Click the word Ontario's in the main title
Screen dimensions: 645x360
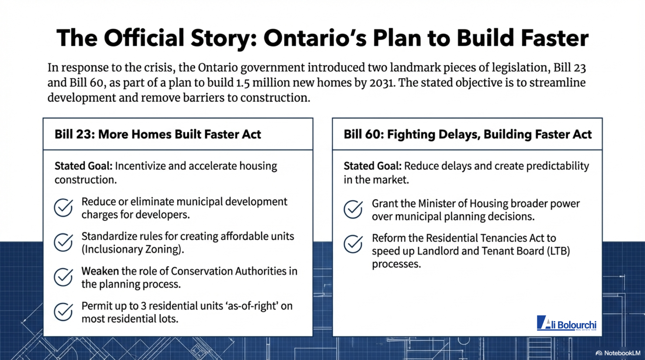coord(315,38)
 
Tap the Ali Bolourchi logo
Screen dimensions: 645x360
coord(567,323)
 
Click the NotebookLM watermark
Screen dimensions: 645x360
coord(618,353)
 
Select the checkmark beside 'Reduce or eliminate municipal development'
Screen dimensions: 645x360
coord(63,207)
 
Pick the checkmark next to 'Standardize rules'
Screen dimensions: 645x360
coord(63,242)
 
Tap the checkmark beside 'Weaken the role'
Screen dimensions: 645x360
coord(63,277)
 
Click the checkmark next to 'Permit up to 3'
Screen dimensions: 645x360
coord(63,312)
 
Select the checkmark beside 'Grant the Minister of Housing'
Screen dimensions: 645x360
coord(353,209)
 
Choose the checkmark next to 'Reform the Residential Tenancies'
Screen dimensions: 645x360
coord(353,244)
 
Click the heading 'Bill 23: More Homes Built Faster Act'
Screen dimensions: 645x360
coord(158,134)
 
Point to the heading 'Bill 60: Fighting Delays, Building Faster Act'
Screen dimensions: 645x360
coord(467,134)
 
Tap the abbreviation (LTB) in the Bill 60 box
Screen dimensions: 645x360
coord(558,251)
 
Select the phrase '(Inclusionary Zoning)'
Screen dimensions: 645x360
coord(133,249)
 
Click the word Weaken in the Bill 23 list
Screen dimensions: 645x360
coord(100,271)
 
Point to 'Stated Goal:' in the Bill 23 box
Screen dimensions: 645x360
coord(83,166)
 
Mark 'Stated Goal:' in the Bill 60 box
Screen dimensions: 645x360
coord(372,166)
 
